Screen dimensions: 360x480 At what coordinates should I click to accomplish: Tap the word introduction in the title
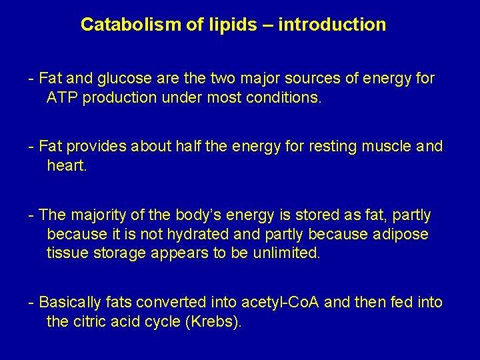pyautogui.click(x=332, y=25)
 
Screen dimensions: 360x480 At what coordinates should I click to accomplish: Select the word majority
pyautogui.click(x=96, y=215)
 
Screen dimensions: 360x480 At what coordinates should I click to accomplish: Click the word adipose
pyautogui.click(x=403, y=235)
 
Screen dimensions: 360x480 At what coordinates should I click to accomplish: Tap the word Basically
pyautogui.click(x=70, y=303)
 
